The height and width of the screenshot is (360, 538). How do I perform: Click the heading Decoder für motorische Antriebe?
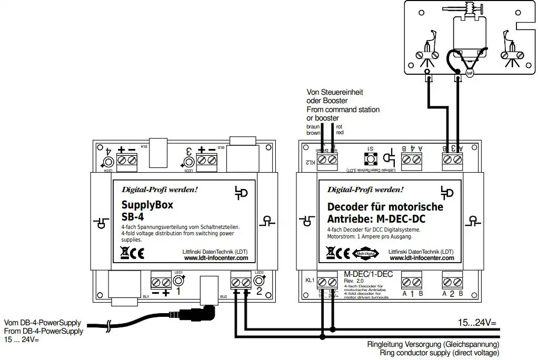click(x=385, y=213)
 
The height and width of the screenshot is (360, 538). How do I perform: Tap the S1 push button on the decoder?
click(x=370, y=158)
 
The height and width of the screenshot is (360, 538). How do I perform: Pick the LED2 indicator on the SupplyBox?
click(x=258, y=281)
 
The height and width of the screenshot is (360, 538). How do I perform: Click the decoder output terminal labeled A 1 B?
click(x=412, y=280)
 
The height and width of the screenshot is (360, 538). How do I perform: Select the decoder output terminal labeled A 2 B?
click(x=452, y=280)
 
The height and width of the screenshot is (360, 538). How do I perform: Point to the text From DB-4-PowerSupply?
click(x=43, y=332)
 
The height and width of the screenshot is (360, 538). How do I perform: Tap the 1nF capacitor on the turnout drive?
click(x=470, y=74)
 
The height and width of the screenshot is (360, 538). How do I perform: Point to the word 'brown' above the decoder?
click(x=313, y=133)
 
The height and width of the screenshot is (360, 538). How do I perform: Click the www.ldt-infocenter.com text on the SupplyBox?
click(x=216, y=258)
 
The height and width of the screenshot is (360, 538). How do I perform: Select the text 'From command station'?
click(x=343, y=109)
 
